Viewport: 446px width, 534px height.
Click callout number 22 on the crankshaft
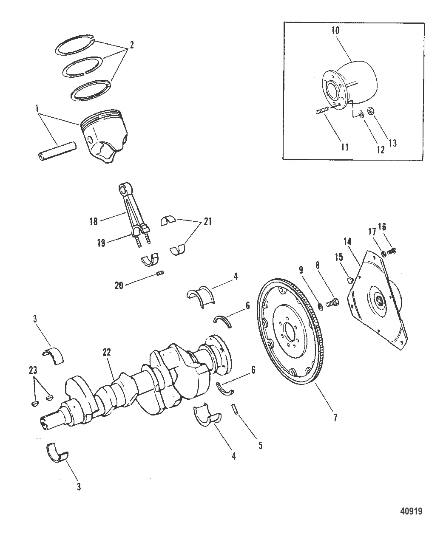point(107,352)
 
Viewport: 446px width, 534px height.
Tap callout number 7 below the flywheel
point(335,418)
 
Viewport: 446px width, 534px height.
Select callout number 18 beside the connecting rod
point(94,221)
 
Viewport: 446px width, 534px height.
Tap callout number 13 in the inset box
point(392,143)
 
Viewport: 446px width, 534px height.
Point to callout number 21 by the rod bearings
point(208,221)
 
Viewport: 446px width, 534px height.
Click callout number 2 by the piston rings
point(131,45)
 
